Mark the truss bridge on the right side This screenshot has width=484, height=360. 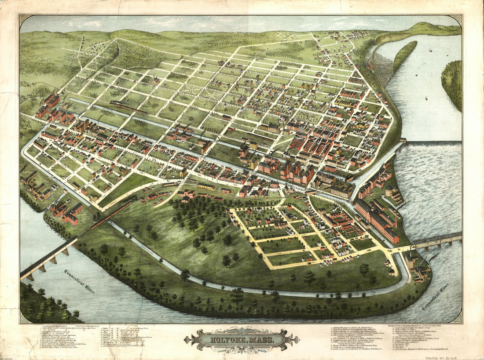437,240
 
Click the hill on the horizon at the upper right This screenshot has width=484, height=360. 429,29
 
